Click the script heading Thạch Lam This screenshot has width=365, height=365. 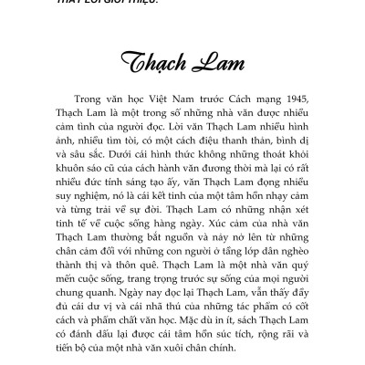click(182, 68)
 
